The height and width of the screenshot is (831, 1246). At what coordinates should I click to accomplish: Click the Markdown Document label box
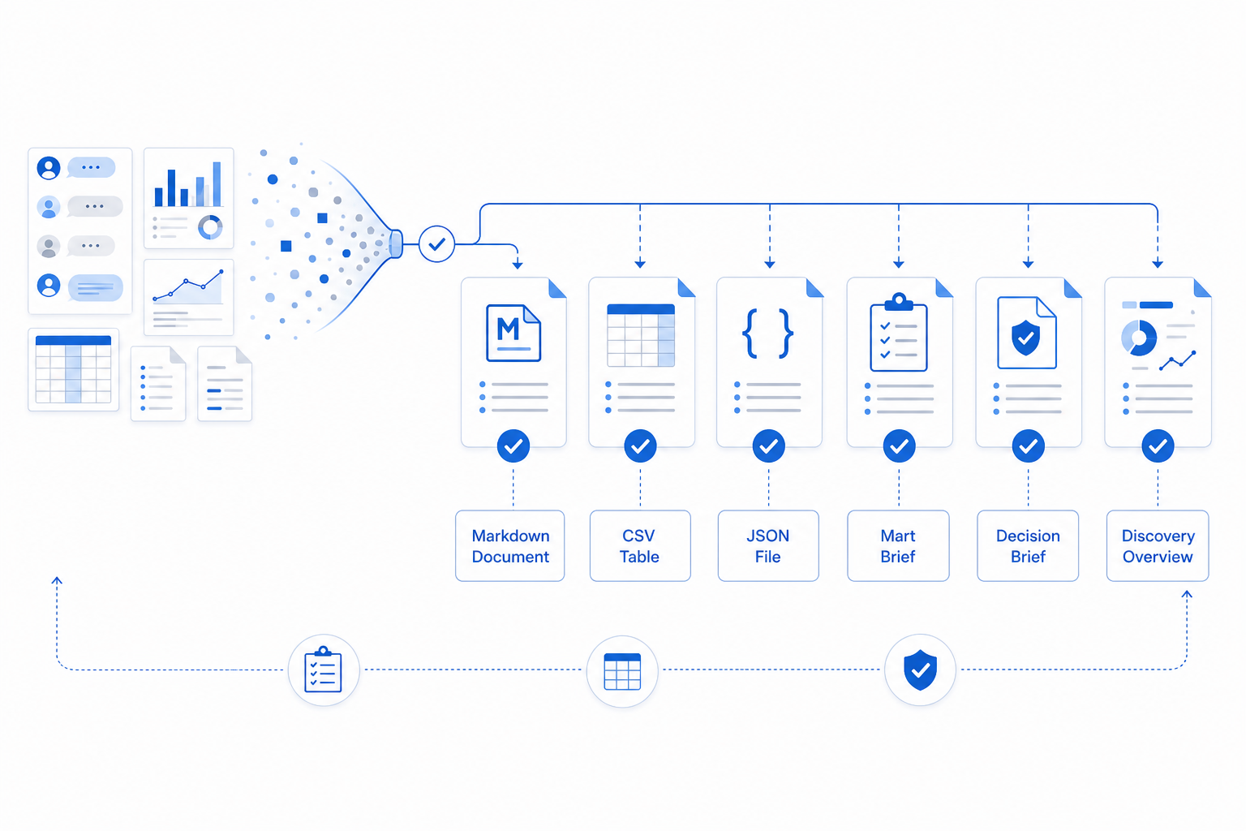(510, 545)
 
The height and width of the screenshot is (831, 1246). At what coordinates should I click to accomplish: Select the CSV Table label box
(640, 545)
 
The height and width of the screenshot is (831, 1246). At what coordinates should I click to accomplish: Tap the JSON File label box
(768, 545)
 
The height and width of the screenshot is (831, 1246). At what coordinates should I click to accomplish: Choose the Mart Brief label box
(898, 545)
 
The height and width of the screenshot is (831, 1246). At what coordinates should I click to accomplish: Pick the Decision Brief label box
(1028, 545)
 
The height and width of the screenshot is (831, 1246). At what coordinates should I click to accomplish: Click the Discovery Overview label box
(1158, 545)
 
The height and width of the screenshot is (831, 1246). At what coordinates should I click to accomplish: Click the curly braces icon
(767, 334)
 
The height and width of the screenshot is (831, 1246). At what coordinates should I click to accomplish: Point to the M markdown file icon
(513, 333)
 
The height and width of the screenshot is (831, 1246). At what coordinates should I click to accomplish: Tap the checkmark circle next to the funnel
(436, 243)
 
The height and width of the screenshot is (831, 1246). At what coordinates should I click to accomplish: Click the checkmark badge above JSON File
(769, 446)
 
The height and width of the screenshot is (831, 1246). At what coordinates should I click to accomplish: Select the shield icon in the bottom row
(920, 670)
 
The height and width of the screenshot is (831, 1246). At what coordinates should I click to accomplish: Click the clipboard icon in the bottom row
(323, 670)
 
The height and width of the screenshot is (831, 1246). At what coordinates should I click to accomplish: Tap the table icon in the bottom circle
(622, 671)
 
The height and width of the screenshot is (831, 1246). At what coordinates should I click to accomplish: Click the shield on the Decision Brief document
(1025, 338)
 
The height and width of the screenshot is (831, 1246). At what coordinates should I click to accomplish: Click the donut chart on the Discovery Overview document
(1139, 338)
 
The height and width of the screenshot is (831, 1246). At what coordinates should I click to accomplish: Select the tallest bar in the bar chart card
(217, 184)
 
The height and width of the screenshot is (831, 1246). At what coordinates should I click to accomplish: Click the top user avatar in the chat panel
(49, 167)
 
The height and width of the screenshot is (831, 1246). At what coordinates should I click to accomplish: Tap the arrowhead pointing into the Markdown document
(518, 265)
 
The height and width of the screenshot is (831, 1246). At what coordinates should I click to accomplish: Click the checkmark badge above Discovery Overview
(1158, 446)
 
